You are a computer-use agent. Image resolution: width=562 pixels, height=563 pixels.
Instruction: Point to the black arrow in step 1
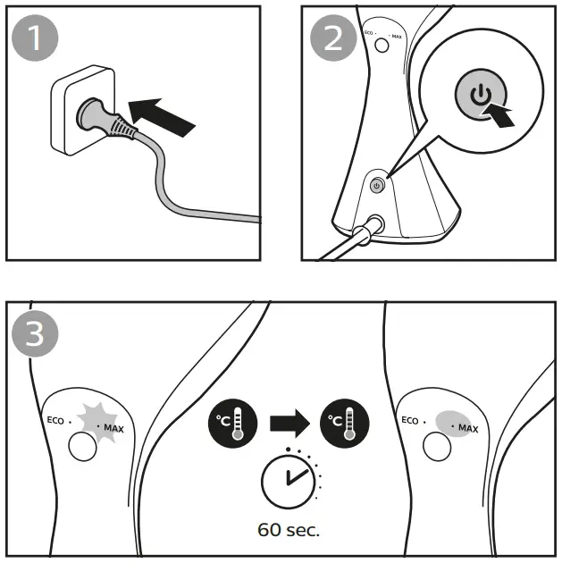162,112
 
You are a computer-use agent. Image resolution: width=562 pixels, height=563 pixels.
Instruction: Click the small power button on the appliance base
376,185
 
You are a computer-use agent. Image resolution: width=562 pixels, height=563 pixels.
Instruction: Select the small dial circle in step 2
382,46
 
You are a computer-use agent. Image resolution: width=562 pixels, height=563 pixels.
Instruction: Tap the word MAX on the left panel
114,429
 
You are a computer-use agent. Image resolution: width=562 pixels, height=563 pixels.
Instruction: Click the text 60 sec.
288,529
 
